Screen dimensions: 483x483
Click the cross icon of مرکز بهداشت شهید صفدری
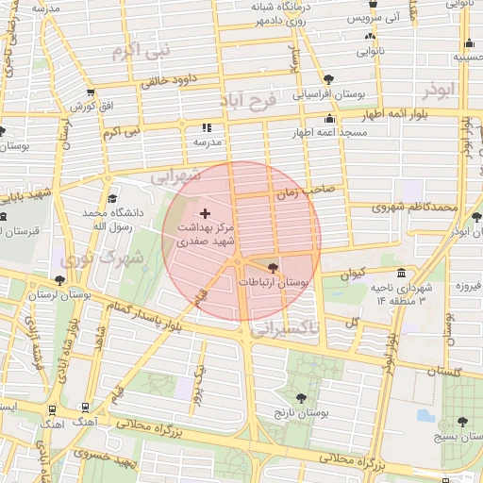click(x=206, y=214)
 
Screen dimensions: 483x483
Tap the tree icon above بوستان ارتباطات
click(x=273, y=268)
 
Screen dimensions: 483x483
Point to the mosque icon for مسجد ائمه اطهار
click(x=329, y=119)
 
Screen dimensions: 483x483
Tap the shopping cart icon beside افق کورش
click(x=90, y=92)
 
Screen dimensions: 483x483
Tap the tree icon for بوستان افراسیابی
click(x=327, y=79)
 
